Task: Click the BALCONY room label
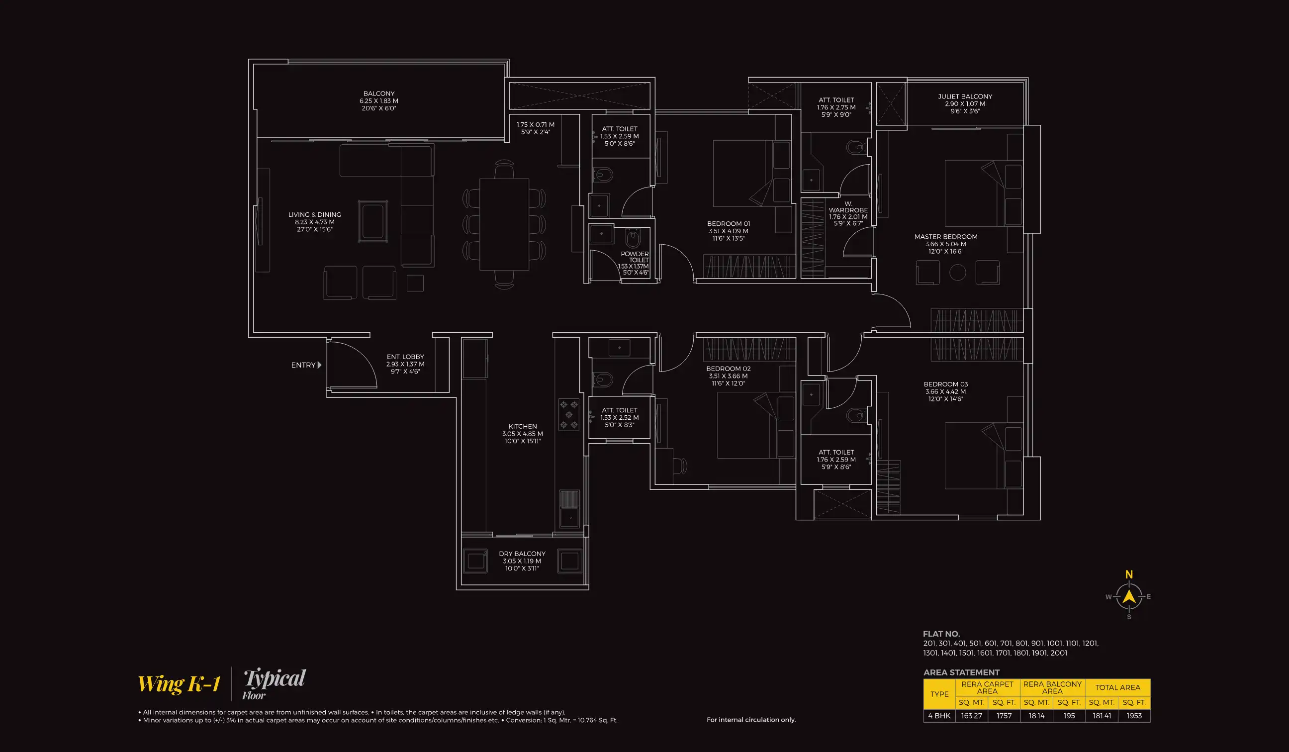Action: tap(378, 94)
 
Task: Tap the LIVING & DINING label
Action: tap(315, 215)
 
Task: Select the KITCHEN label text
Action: tap(522, 426)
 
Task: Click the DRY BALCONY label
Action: tap(522, 554)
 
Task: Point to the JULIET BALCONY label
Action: tap(965, 96)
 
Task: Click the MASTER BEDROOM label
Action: tap(946, 237)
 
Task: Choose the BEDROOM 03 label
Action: tap(945, 384)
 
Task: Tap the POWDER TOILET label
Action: tap(635, 257)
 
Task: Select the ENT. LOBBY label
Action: tap(405, 357)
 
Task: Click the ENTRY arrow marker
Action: tap(319, 365)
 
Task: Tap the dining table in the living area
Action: tap(504, 224)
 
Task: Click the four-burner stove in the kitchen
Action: tap(568, 414)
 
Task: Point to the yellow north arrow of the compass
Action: tap(1129, 596)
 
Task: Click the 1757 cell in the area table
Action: tap(1004, 716)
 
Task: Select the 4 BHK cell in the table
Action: tap(939, 716)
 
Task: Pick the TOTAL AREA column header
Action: tap(1117, 687)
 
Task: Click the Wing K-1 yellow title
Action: tap(179, 684)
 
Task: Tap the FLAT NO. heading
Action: tap(941, 634)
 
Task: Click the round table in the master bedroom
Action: tap(957, 272)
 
